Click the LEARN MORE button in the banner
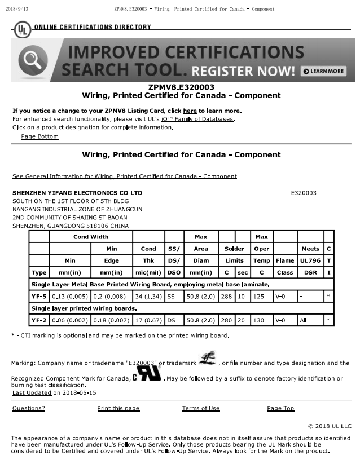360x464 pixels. coord(323,71)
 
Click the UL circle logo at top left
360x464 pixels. coord(23,29)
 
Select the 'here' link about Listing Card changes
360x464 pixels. coord(190,111)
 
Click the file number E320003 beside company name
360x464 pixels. coord(304,193)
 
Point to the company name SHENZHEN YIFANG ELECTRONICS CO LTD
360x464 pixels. coord(77,193)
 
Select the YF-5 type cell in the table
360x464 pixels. coord(39,295)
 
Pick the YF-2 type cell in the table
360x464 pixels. coord(39,320)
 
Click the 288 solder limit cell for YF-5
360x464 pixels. coord(226,295)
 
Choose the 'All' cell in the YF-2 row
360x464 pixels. coord(310,320)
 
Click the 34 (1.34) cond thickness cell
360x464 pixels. coord(148,295)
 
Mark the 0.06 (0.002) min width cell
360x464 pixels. coord(70,320)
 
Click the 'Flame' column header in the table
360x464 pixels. coord(285,260)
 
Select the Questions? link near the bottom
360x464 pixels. coord(28,408)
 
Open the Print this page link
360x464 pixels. coord(118,408)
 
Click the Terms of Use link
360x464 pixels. coord(200,408)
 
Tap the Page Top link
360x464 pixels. coord(280,408)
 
